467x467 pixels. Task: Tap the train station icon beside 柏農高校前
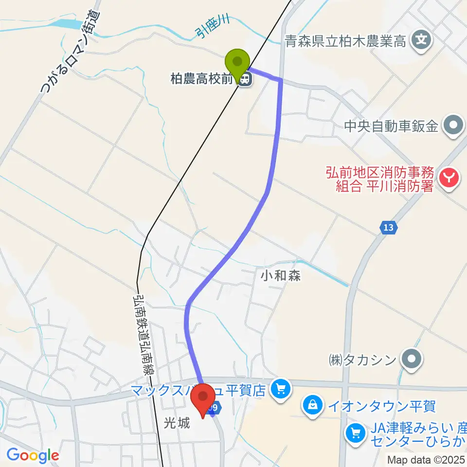[246, 78]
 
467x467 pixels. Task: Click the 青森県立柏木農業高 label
[346, 41]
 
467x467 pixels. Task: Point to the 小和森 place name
[281, 276]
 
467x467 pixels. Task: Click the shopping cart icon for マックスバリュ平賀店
[280, 388]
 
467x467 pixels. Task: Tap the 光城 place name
[176, 424]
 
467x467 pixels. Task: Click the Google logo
[33, 455]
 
